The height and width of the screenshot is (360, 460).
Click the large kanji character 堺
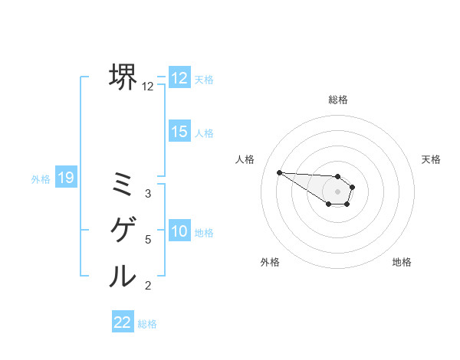tap(123, 77)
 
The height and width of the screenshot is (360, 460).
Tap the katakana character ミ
tap(123, 182)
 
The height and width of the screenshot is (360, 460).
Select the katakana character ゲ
tap(123, 229)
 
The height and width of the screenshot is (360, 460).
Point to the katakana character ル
tap(123, 276)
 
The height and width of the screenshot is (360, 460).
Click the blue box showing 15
tap(179, 132)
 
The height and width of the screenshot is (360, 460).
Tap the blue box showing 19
tap(65, 178)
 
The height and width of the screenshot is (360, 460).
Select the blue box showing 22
tap(123, 322)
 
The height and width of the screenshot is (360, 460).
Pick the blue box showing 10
tap(179, 231)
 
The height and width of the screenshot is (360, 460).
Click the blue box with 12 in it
tap(179, 78)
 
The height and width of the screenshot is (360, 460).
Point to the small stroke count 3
tap(148, 194)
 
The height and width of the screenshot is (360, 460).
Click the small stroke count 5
tap(148, 240)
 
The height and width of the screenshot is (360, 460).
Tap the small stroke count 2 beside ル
tap(148, 286)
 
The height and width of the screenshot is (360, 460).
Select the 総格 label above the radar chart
tap(338, 100)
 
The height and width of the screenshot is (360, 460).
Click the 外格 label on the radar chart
tap(269, 262)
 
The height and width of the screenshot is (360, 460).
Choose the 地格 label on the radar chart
tap(402, 262)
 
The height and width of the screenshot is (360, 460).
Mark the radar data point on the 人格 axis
tap(279, 172)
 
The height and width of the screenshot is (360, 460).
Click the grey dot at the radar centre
tap(338, 191)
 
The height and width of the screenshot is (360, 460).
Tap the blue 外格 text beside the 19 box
tap(41, 179)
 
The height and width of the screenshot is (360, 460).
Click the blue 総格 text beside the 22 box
tap(147, 323)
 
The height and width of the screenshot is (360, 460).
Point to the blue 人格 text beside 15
tap(204, 133)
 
